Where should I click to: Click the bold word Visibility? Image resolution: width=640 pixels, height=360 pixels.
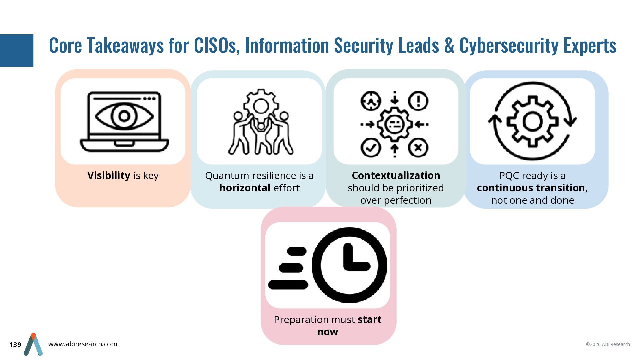click(x=109, y=175)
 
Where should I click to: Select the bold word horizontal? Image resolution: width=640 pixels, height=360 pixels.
click(x=245, y=188)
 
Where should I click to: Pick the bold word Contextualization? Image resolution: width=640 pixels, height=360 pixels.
click(x=396, y=175)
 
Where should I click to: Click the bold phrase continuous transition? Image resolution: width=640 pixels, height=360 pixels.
click(x=531, y=188)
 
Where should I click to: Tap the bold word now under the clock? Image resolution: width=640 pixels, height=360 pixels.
click(x=328, y=332)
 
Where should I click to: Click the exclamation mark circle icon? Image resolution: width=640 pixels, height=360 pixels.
click(x=418, y=101)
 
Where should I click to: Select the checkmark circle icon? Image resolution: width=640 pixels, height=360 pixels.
click(x=371, y=147)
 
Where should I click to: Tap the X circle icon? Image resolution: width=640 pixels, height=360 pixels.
click(x=418, y=147)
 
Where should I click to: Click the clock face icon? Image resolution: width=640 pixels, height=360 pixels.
click(x=349, y=265)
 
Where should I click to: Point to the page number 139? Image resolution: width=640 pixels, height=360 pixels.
click(x=15, y=345)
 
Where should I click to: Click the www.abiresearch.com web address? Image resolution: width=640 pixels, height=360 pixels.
click(x=83, y=344)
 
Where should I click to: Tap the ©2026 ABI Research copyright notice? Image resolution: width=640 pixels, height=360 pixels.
click(x=608, y=344)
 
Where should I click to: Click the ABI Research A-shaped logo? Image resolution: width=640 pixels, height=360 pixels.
click(x=33, y=344)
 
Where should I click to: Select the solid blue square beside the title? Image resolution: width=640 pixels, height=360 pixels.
click(x=17, y=51)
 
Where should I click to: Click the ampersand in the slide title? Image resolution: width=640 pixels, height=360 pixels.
click(x=449, y=46)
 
